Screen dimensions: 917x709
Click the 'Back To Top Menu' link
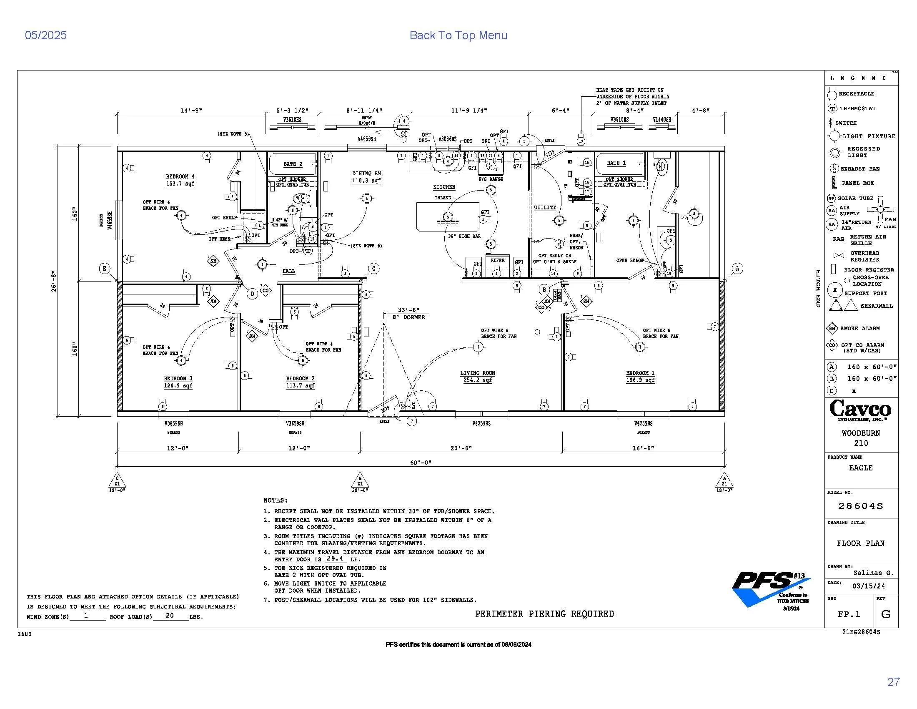pos(458,35)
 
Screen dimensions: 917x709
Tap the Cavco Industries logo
pos(860,410)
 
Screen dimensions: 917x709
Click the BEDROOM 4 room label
pos(180,177)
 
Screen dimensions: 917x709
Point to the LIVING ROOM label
pos(477,373)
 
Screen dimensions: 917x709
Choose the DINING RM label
pos(366,173)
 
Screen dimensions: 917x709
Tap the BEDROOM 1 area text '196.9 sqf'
pos(640,380)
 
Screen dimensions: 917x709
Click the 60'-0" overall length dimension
pos(421,463)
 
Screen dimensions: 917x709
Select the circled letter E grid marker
pos(105,269)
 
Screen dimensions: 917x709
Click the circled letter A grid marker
pos(737,269)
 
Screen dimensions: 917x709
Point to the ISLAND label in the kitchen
pos(443,198)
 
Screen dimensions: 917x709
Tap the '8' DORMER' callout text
pos(408,317)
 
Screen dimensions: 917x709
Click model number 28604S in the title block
pos(861,506)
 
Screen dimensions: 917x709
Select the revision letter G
pos(886,614)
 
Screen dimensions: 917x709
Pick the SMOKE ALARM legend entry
pos(859,329)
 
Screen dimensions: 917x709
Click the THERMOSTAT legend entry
pos(857,108)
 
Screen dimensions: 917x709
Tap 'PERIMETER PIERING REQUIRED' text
pos(544,614)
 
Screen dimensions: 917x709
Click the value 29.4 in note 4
pos(335,558)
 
